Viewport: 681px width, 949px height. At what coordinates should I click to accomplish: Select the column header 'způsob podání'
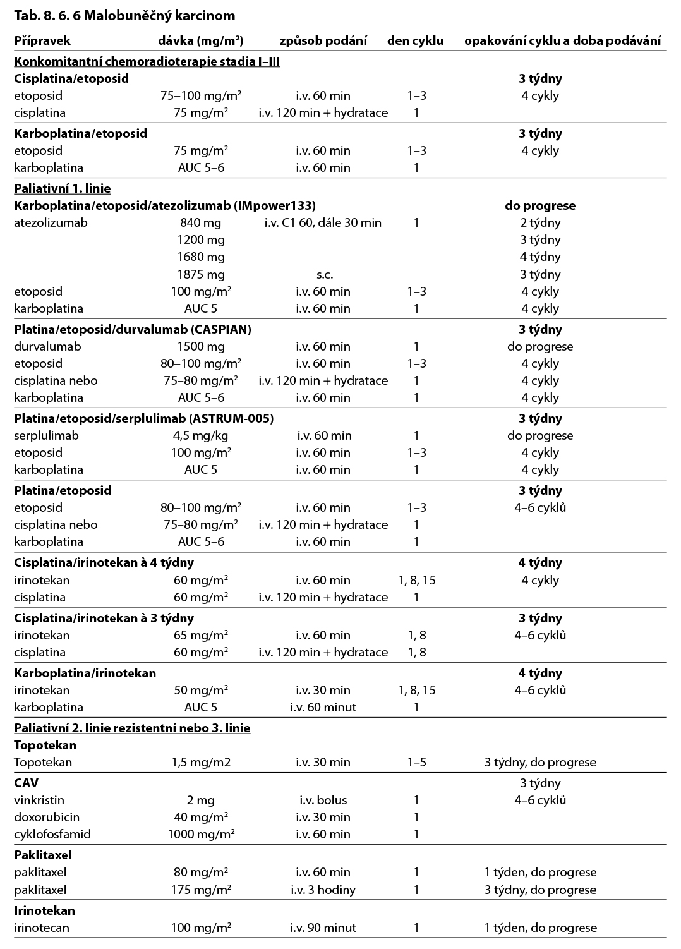pyautogui.click(x=323, y=41)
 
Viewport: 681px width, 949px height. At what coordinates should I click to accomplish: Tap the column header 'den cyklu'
pyautogui.click(x=415, y=41)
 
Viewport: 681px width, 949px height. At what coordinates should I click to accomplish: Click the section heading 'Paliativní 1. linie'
pyautogui.click(x=62, y=188)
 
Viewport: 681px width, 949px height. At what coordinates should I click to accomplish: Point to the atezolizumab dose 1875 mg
pyautogui.click(x=201, y=274)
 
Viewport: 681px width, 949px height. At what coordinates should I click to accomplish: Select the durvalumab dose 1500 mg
pyautogui.click(x=201, y=346)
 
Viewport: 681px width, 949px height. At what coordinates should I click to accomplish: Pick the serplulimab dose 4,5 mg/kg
pyautogui.click(x=201, y=435)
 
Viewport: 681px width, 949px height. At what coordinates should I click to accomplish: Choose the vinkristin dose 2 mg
pyautogui.click(x=201, y=800)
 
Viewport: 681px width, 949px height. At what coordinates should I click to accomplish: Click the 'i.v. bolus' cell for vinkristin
pyautogui.click(x=323, y=800)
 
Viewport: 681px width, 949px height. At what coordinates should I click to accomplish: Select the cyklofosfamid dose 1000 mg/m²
pyautogui.click(x=201, y=834)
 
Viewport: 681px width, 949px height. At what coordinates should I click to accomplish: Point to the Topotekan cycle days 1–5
pyautogui.click(x=416, y=762)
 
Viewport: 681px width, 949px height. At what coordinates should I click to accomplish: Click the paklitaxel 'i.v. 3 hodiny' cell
pyautogui.click(x=323, y=890)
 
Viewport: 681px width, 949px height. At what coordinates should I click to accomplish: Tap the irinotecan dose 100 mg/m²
pyautogui.click(x=201, y=928)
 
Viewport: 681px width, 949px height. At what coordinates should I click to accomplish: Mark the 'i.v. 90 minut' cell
pyautogui.click(x=323, y=928)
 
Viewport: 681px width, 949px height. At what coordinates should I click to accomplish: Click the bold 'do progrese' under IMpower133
pyautogui.click(x=540, y=205)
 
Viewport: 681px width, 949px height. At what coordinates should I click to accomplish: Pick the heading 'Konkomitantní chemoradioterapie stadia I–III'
pyautogui.click(x=147, y=61)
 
